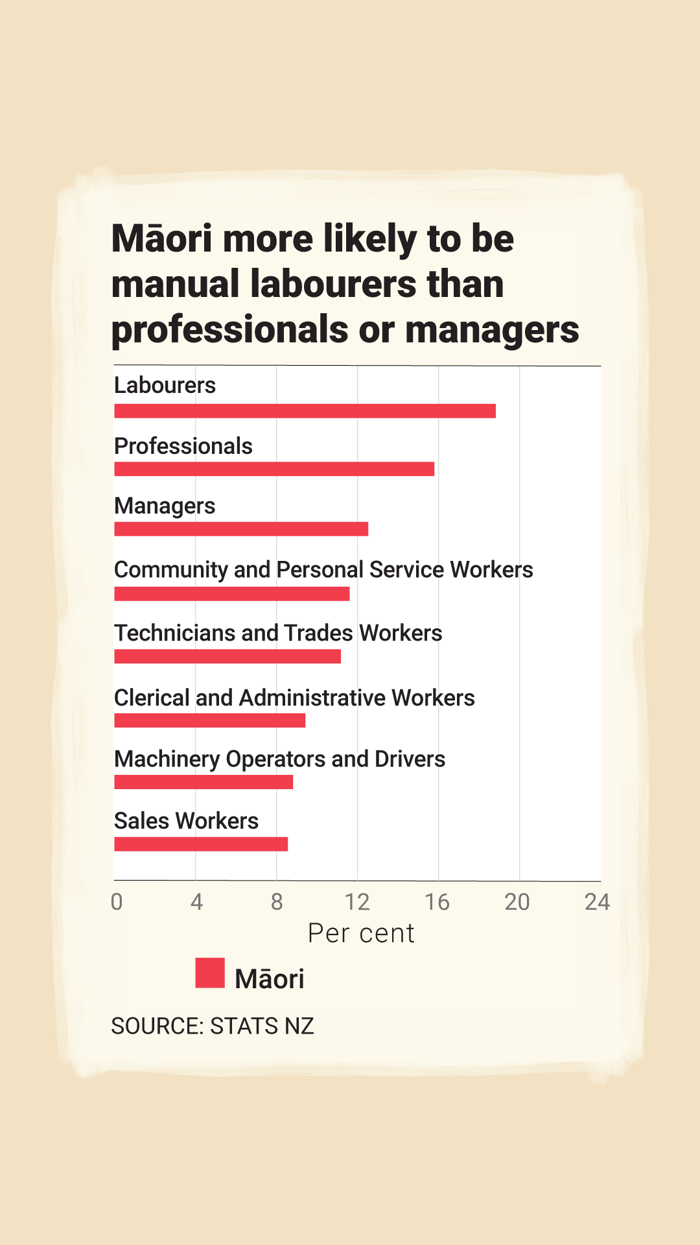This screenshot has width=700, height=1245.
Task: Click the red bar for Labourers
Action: (305, 411)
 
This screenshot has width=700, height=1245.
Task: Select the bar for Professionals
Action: (274, 469)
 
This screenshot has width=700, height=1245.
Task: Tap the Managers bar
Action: (241, 529)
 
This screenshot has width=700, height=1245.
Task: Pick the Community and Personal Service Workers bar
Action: (231, 594)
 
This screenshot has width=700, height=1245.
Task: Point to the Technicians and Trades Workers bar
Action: (227, 656)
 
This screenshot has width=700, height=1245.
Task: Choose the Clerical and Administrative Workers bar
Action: (209, 720)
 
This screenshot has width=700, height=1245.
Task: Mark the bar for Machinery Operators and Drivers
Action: (204, 782)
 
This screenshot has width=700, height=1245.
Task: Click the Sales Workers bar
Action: (201, 844)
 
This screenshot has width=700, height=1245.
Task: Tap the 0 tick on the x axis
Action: (117, 902)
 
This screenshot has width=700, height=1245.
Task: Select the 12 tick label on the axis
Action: (357, 902)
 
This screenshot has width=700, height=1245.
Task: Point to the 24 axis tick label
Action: (597, 902)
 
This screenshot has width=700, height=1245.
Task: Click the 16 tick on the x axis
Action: (437, 902)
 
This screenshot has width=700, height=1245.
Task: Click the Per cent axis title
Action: (361, 933)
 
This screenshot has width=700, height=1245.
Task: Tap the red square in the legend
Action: (210, 973)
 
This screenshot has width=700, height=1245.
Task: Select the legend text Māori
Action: (270, 979)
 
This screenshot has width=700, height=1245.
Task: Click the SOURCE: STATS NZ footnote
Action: (213, 1026)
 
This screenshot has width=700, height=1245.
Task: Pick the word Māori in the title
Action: (162, 239)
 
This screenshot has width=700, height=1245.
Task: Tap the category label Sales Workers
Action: (186, 821)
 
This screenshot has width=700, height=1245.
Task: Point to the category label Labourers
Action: (165, 385)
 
